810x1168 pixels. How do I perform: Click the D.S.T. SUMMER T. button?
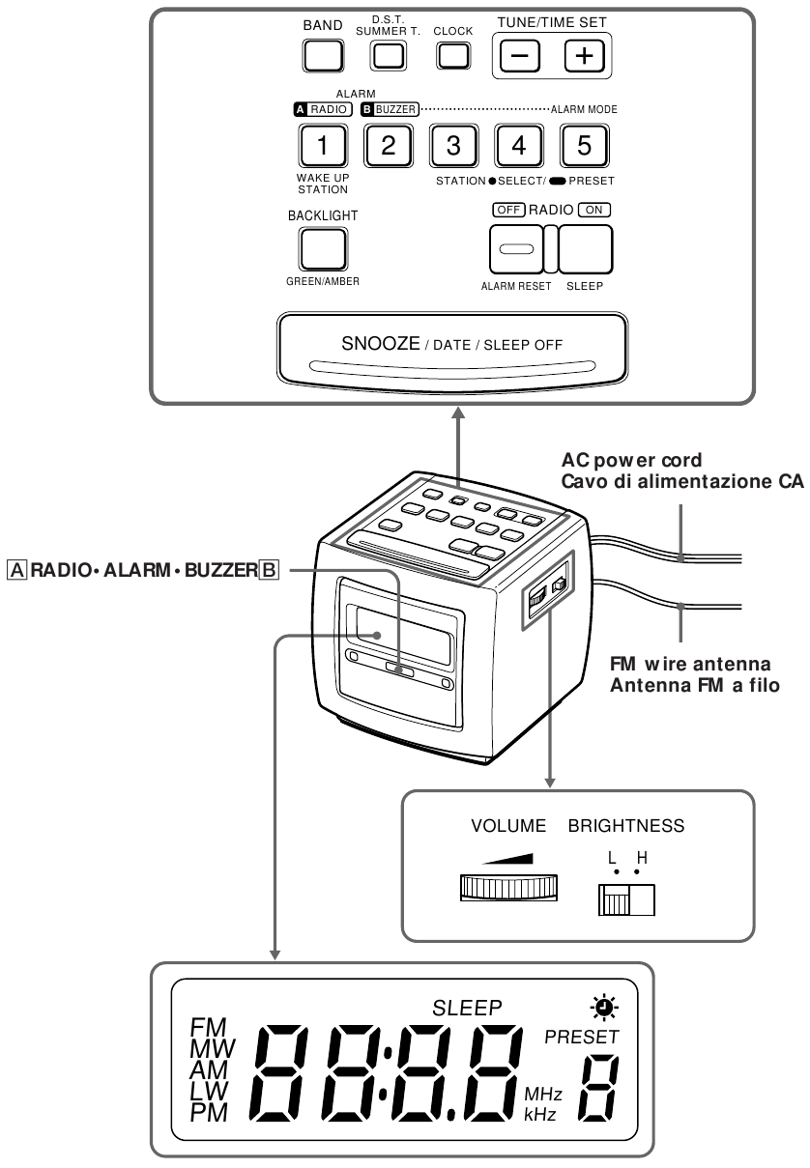[x=388, y=56]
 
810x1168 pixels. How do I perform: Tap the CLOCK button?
[x=452, y=56]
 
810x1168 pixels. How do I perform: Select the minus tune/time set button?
[x=519, y=57]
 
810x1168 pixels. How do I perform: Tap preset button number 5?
[x=583, y=147]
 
